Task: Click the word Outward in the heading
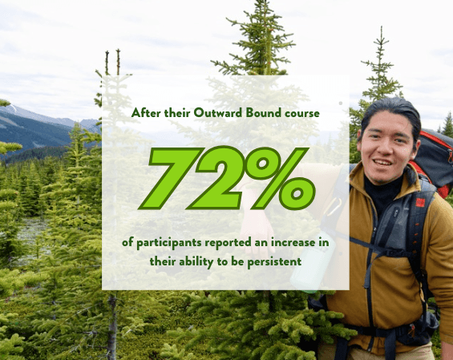[218, 113]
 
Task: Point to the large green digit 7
[171, 178]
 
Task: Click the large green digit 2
[216, 178]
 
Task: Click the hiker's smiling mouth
[382, 163]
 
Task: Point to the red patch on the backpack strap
[420, 202]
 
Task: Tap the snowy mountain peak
[11, 108]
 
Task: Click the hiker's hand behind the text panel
[257, 231]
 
